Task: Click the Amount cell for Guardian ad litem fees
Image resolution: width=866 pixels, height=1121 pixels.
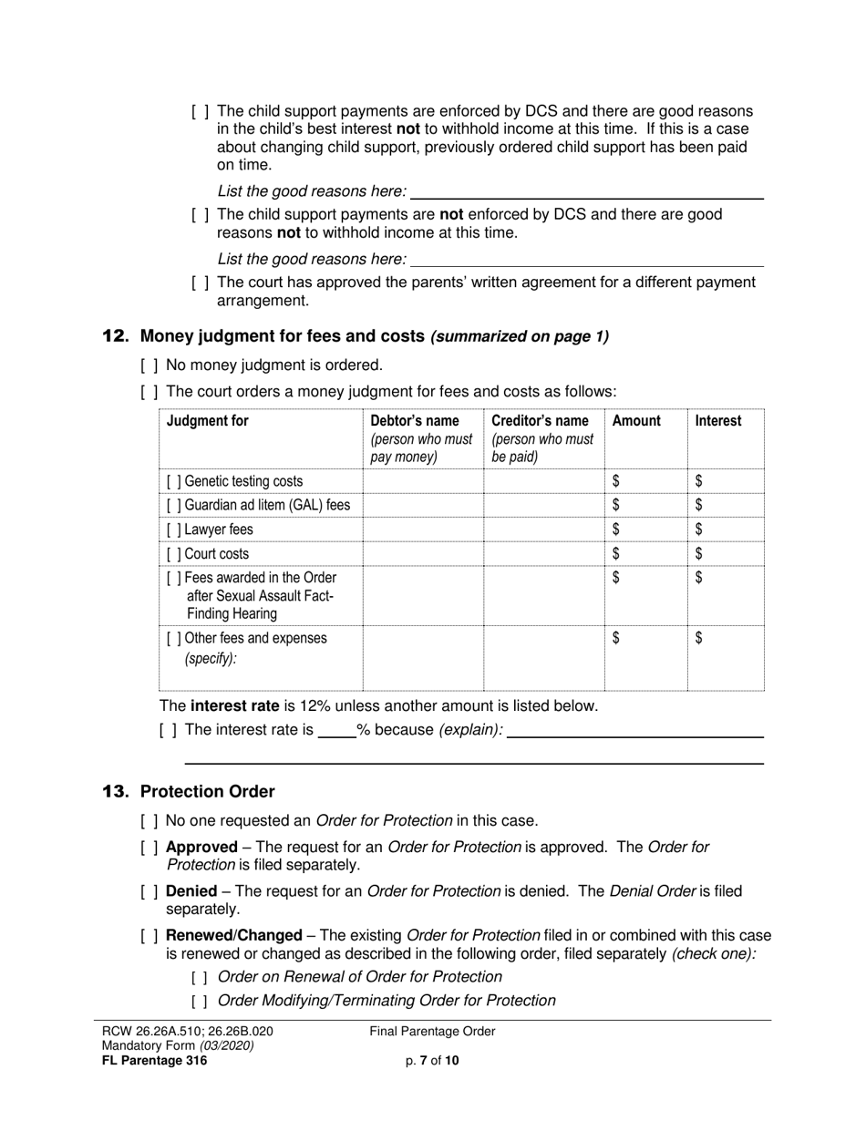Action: [x=645, y=505]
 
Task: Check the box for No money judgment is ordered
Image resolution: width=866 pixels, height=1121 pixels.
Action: [x=149, y=365]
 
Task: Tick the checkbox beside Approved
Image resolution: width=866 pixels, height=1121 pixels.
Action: [x=149, y=848]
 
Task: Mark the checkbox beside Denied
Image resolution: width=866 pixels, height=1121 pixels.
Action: [x=149, y=891]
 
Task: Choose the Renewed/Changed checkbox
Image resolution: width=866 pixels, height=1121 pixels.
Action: [x=149, y=936]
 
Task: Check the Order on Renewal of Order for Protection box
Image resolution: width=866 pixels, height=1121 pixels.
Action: [x=201, y=978]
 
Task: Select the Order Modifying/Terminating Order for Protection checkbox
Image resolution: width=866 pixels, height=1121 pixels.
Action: [x=201, y=1002]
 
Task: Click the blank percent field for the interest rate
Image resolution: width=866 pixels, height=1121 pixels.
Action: [x=336, y=731]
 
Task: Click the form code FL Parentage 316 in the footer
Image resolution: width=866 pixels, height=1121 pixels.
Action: [x=155, y=1060]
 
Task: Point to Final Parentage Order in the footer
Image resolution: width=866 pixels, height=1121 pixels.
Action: [x=432, y=1032]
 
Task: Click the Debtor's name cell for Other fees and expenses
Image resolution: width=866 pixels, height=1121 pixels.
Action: [x=422, y=657]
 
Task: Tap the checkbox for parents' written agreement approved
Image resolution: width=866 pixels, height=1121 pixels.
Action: [x=201, y=283]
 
